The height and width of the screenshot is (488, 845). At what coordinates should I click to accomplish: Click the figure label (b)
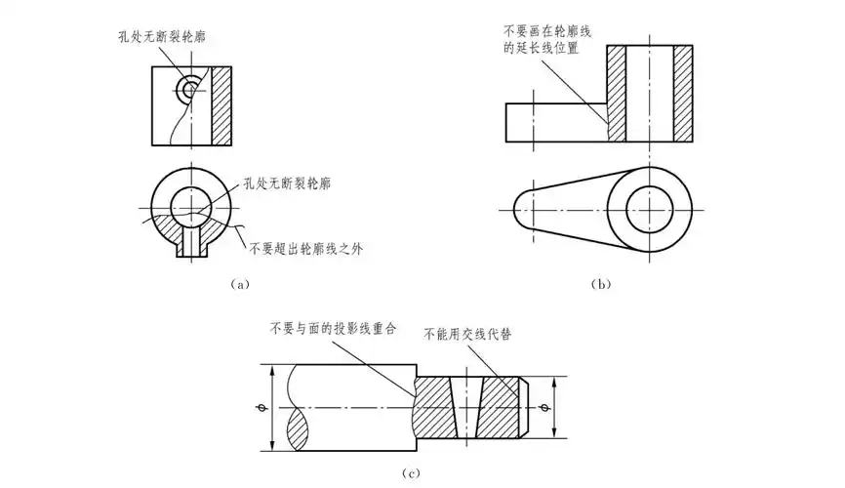[x=601, y=284]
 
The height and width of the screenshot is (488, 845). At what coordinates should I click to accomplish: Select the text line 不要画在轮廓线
[x=539, y=30]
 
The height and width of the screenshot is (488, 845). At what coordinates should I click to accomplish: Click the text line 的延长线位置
[x=539, y=48]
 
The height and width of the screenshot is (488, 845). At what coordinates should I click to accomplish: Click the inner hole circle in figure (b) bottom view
[x=650, y=210]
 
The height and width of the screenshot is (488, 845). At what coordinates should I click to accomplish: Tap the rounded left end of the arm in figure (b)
[x=527, y=210]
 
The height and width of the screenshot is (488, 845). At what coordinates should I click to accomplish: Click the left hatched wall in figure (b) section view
[x=617, y=96]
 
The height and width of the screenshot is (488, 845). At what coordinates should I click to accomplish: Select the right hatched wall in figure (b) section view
[x=683, y=96]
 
